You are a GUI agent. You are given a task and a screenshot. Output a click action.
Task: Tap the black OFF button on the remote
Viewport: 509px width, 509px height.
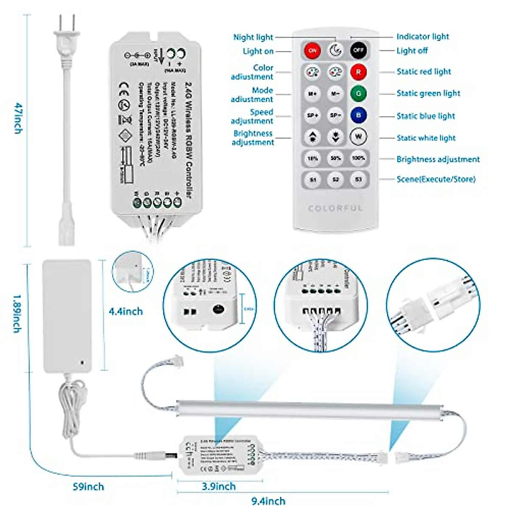(x=358, y=50)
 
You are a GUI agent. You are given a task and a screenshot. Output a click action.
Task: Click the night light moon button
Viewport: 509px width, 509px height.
(x=336, y=50)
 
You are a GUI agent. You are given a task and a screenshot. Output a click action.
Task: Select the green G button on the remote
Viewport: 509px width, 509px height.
(x=358, y=93)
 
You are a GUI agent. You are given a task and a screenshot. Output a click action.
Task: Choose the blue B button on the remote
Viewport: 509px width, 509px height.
(x=358, y=115)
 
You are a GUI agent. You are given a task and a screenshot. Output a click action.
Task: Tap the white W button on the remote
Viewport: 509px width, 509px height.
(x=358, y=137)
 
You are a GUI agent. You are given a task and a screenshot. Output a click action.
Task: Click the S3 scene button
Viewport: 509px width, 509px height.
(x=358, y=179)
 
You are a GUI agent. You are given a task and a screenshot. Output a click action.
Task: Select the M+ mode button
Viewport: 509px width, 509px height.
(x=313, y=93)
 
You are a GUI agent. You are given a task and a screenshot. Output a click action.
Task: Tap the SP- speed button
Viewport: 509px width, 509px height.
(x=336, y=115)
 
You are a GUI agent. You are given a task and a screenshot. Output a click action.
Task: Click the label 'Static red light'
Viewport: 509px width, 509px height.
(x=424, y=72)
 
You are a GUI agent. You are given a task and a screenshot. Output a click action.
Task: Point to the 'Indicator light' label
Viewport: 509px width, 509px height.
(x=422, y=36)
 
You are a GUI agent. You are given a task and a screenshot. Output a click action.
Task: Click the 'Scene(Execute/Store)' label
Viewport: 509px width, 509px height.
(x=436, y=179)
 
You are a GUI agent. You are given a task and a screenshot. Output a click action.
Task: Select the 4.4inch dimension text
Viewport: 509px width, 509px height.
(x=126, y=311)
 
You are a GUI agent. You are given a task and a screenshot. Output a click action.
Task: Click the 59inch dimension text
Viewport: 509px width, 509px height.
(x=88, y=487)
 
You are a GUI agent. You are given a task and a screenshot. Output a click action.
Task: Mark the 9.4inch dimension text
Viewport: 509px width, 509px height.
(x=268, y=501)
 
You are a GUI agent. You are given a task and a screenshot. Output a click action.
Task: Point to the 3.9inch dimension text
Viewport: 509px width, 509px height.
(x=218, y=487)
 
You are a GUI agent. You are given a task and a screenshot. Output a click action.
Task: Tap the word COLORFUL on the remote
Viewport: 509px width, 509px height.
(x=336, y=208)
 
